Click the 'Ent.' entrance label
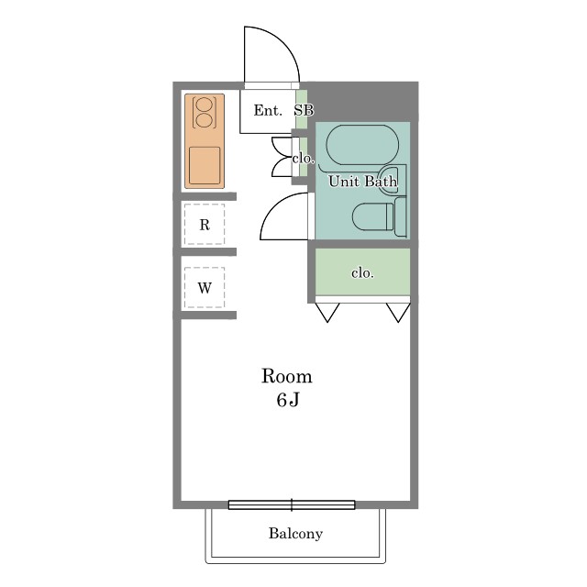268,110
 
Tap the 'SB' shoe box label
304,110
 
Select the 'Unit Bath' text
362,182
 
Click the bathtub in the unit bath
363,145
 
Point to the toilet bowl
373,216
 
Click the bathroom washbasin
392,179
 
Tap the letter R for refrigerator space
205,225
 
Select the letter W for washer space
205,288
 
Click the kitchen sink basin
205,165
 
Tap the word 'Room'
287,376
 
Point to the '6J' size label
288,400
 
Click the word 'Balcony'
295,534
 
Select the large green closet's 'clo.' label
362,273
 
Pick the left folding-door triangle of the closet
327,312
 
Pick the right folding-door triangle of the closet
398,312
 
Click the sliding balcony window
292,504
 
